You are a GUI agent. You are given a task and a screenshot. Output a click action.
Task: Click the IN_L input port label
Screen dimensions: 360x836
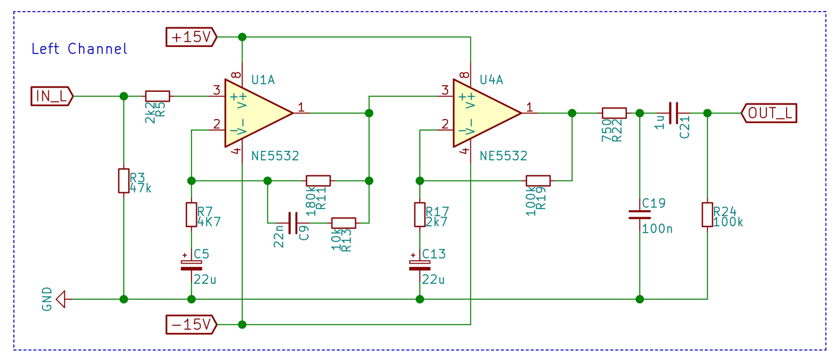52,96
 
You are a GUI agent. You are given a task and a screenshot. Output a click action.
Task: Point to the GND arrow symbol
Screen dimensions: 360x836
60,300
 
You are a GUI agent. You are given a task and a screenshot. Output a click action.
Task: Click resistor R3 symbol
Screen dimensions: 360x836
124,181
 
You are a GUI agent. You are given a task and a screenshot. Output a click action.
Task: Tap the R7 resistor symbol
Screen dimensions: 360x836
191,215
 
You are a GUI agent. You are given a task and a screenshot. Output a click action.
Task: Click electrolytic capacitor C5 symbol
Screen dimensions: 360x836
191,265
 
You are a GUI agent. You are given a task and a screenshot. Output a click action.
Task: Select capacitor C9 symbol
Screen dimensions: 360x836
293,222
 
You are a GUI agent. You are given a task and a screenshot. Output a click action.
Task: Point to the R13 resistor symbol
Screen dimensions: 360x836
343,222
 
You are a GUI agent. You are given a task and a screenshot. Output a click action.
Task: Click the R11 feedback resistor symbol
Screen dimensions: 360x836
318,181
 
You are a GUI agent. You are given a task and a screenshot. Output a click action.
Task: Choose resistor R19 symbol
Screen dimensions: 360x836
538,181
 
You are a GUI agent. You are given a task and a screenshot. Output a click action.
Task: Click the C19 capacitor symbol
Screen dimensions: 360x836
640,215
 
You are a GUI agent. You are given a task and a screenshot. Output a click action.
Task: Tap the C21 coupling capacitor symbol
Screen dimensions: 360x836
673,113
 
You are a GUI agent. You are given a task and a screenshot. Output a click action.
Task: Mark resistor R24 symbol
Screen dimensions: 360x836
707,215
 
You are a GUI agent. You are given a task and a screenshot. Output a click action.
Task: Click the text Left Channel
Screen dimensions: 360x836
79,49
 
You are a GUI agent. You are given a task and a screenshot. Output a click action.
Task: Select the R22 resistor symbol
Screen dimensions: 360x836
614,113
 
